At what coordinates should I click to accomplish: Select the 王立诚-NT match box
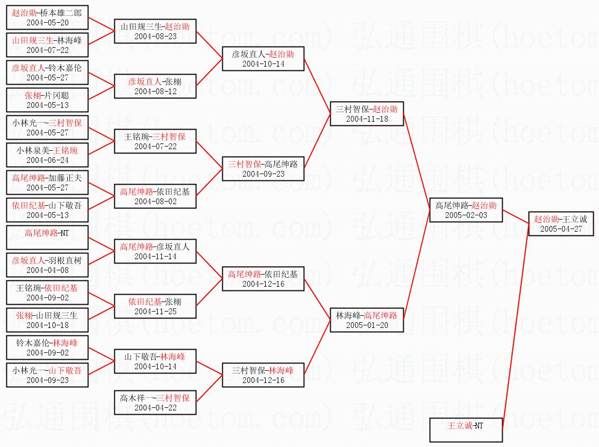coord(466,430)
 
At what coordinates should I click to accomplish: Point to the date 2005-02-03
coord(466,215)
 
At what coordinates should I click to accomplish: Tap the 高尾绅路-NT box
coord(47,238)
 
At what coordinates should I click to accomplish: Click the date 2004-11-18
coord(367,119)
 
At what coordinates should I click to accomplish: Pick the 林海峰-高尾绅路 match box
coord(367,320)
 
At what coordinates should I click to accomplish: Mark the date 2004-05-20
coord(47,22)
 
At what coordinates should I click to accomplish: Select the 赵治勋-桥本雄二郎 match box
coord(47,17)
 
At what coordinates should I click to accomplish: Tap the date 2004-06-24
coord(47,160)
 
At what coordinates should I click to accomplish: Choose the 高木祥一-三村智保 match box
coord(155,403)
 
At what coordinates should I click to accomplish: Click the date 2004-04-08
coord(47,270)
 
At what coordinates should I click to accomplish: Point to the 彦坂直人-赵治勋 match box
coord(263,59)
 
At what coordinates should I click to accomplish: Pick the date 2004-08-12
coord(155,92)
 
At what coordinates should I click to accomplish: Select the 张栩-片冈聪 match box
coord(47,100)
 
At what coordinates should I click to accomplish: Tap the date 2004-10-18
coord(47,325)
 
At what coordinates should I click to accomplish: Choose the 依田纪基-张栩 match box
coord(155,306)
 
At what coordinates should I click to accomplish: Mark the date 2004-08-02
coord(155,202)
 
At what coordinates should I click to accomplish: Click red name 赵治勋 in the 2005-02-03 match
coord(484,205)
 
